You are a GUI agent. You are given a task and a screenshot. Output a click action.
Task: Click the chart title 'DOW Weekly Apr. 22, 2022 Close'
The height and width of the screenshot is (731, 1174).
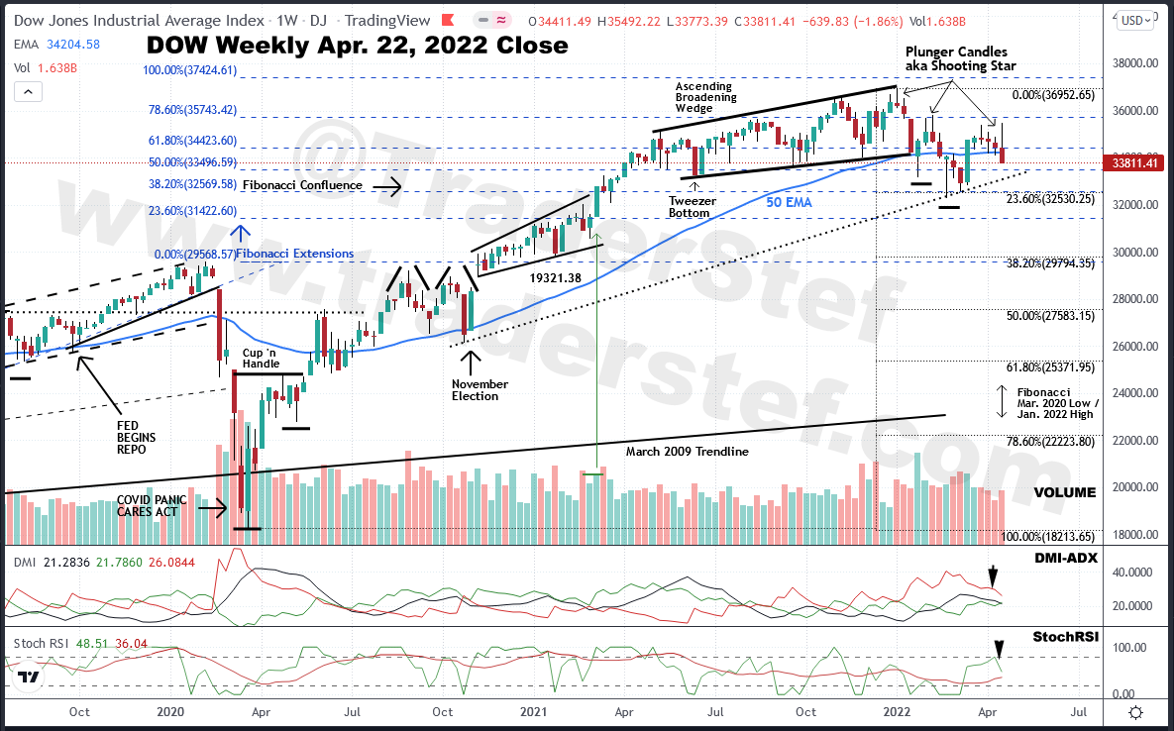[358, 45]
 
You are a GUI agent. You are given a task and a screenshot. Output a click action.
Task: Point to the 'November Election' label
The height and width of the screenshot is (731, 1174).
[480, 390]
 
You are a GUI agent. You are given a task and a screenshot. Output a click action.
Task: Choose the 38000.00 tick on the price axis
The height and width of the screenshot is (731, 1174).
[1132, 63]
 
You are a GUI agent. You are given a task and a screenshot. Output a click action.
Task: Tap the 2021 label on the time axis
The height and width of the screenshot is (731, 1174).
[534, 711]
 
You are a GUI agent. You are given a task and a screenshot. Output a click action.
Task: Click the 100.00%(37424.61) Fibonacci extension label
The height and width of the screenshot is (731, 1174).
[190, 69]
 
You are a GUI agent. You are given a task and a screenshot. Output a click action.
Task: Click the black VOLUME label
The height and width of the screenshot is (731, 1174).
[1065, 492]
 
